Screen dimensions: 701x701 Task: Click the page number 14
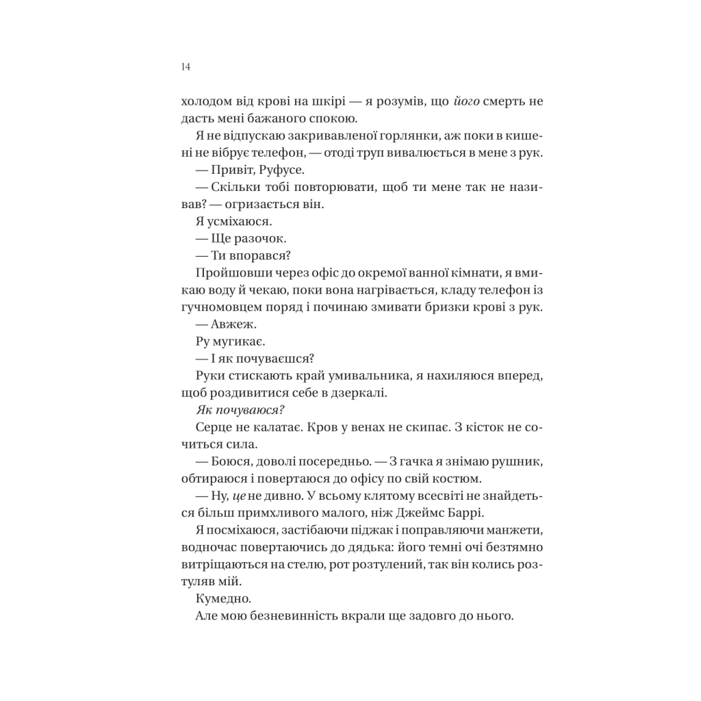(186, 67)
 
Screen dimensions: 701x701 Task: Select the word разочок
(260, 238)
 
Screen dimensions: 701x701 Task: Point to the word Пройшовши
(220, 272)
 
